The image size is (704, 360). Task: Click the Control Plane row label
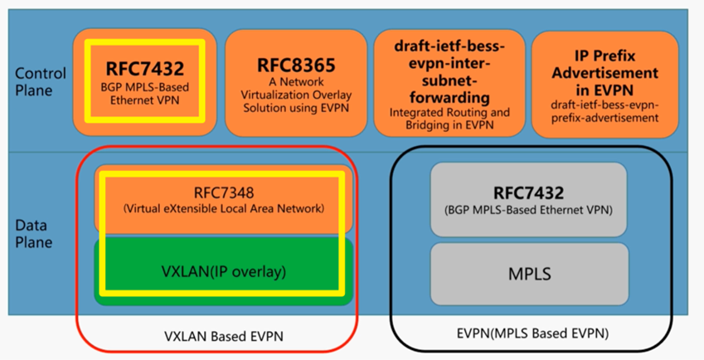point(35,82)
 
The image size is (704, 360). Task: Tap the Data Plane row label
point(33,233)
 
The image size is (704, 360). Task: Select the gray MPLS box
point(528,273)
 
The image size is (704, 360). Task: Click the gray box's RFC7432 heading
point(528,192)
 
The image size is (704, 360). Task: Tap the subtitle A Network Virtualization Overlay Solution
point(295,94)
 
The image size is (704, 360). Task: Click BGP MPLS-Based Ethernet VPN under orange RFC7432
point(144,95)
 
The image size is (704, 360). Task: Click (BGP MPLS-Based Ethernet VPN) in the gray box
point(528,210)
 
